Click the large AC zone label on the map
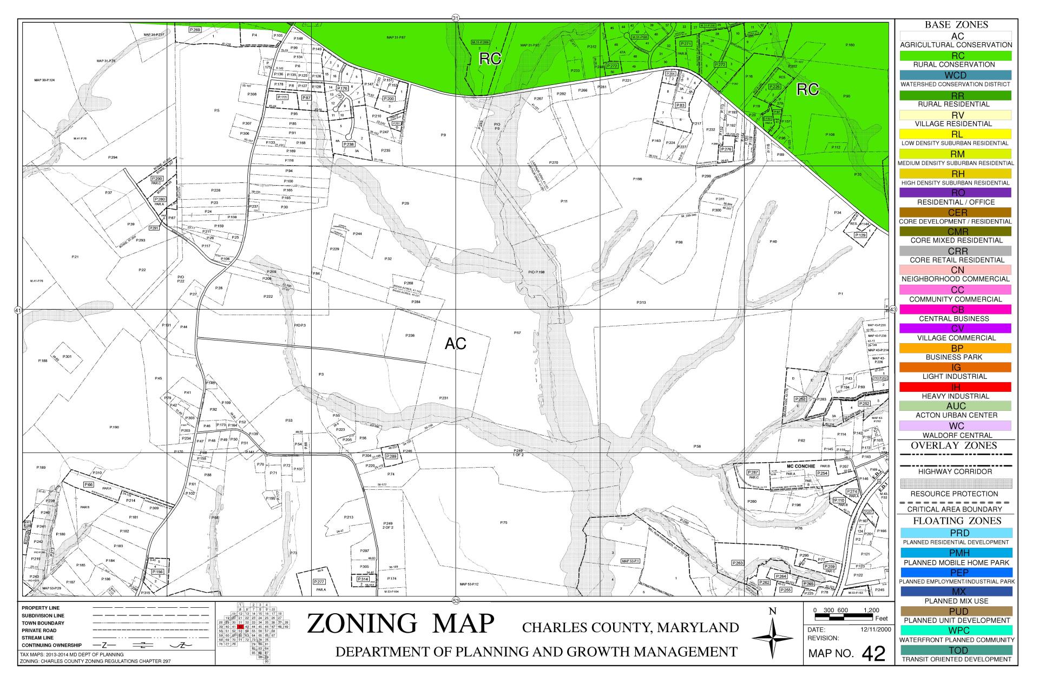coord(455,344)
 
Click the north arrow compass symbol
coord(773,639)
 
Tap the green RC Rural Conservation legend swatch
coord(956,56)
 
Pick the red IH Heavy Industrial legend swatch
coord(956,387)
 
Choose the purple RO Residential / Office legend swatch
coord(956,193)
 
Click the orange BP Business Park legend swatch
coord(956,349)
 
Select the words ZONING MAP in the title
coord(400,624)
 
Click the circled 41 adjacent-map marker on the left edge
coord(17,310)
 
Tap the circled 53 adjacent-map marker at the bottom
coord(456,601)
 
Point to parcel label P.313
coord(641,303)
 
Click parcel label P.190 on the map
coord(114,428)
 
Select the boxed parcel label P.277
coord(319,581)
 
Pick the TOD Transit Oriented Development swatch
coord(956,650)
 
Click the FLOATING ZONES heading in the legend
coord(956,521)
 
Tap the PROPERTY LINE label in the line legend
coord(41,608)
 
